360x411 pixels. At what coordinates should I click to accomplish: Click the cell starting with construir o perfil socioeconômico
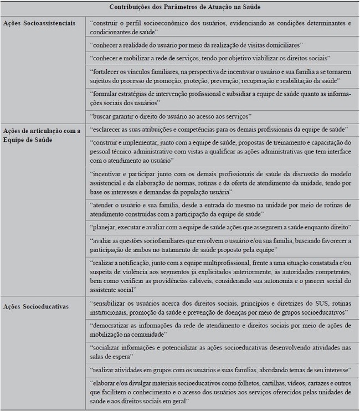(220, 27)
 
